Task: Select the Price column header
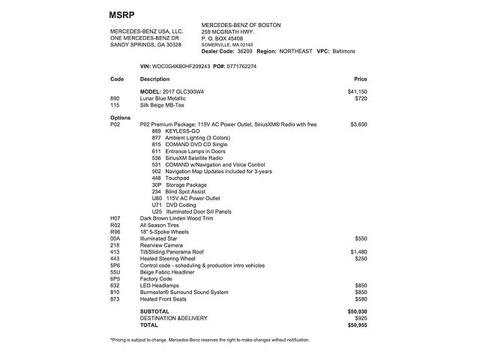tap(360, 79)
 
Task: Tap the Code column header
tap(117, 79)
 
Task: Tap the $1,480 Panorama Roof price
tap(358, 251)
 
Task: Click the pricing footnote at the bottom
tap(209, 340)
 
